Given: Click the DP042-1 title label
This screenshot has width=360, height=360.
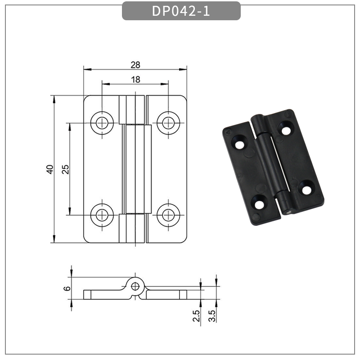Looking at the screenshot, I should click(181, 11).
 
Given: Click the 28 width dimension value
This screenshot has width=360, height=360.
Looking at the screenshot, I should click(135, 65).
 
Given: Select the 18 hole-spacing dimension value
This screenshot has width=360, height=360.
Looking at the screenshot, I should click(135, 80).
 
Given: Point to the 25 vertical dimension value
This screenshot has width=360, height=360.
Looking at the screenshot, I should click(65, 169).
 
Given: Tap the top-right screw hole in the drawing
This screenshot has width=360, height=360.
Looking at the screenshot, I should click(168, 121).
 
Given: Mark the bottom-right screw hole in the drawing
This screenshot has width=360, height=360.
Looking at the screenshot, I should click(168, 215).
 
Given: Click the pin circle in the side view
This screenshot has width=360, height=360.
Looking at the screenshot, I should click(135, 285).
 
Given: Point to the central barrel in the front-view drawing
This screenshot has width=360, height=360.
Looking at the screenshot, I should click(135, 169).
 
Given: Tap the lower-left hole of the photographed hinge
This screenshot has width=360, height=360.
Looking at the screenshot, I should click(260, 205).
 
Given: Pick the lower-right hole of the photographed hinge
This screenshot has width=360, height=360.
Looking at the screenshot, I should click(306, 189).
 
